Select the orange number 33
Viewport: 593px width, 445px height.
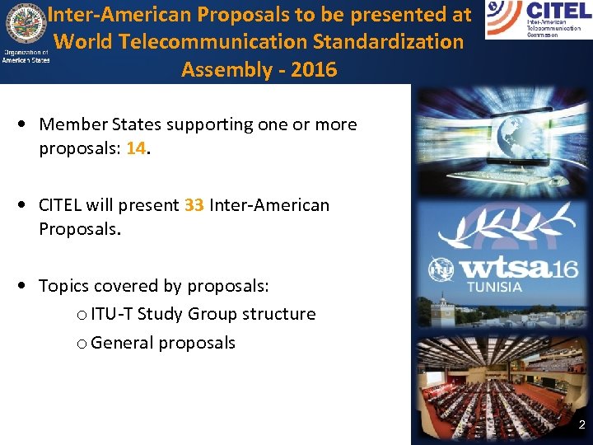194,205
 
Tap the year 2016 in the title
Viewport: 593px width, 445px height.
315,69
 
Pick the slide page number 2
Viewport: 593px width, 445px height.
581,426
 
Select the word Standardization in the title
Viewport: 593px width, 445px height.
400,41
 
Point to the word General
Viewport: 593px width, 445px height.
121,343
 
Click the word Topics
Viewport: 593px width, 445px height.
63,286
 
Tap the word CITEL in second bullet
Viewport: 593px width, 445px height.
62,205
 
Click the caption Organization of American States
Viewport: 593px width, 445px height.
26,57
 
